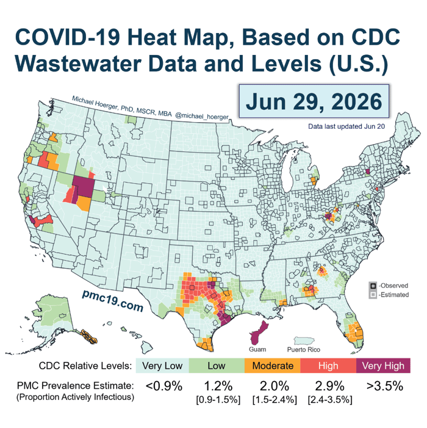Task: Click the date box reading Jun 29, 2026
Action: [x=314, y=101]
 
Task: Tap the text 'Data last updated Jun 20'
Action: [x=346, y=126]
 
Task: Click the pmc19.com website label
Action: [x=113, y=301]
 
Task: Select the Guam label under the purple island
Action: [x=257, y=349]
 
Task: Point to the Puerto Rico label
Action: [x=304, y=349]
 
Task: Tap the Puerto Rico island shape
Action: [x=304, y=341]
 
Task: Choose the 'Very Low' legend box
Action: [x=162, y=366]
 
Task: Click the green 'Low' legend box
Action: [x=217, y=366]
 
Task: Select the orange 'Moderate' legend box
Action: [x=273, y=366]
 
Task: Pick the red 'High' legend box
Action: [x=328, y=366]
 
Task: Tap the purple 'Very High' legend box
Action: [x=383, y=366]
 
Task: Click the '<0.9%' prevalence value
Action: [x=164, y=386]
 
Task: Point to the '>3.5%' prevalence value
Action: [x=385, y=386]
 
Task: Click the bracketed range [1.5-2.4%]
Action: [x=274, y=400]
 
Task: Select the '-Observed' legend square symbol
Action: [x=373, y=286]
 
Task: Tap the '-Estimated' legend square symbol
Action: [x=373, y=295]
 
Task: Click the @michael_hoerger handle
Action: [x=201, y=117]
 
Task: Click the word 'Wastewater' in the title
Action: [x=78, y=63]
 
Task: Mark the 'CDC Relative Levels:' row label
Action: [x=85, y=366]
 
